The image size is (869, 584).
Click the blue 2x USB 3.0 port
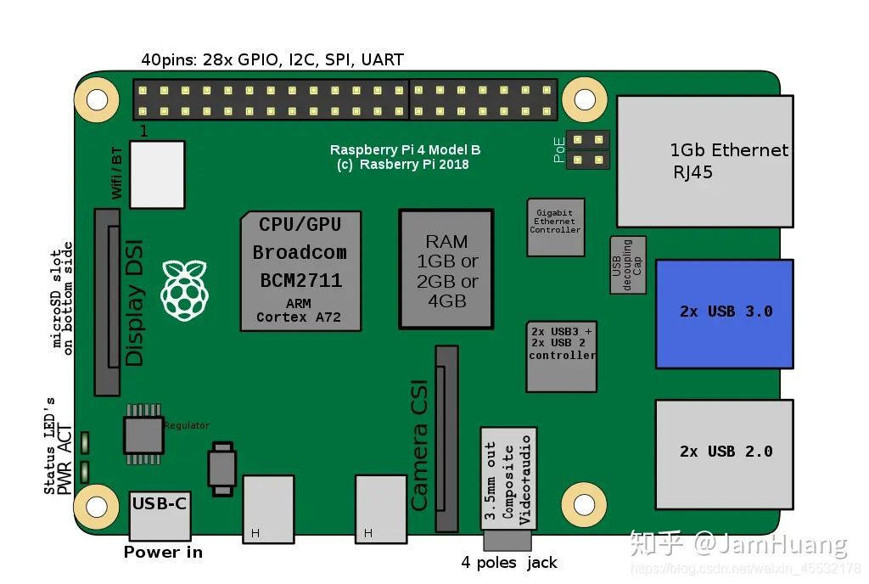724,313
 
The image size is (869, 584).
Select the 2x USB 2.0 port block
724,452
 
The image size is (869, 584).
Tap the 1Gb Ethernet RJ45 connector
704,161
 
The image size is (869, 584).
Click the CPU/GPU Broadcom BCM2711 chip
300,271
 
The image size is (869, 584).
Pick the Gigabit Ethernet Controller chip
555,227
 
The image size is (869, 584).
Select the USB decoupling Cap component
628,265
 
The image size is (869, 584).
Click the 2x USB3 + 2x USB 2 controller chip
561,356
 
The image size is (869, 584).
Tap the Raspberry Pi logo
185,291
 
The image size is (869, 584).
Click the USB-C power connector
160,514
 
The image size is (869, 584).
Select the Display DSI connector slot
107,302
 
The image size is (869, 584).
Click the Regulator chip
143,434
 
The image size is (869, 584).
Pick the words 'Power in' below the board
163,553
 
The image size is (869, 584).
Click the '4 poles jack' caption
509,563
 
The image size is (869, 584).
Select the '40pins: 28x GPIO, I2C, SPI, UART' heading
272,60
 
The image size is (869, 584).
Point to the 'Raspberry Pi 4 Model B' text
405,150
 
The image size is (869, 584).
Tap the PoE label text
560,150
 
